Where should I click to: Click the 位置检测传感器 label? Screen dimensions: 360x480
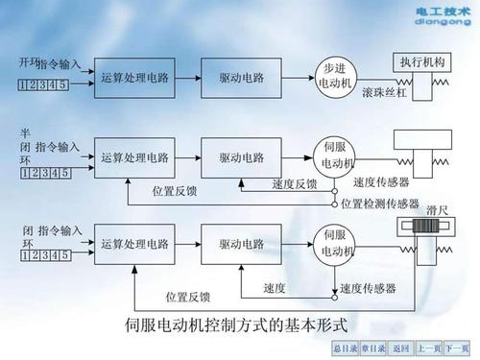click(x=379, y=204)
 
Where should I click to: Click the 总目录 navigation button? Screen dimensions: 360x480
click(x=345, y=347)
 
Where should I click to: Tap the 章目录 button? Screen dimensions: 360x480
click(x=374, y=347)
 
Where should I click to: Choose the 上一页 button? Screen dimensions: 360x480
click(x=431, y=347)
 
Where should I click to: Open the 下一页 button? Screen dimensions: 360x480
click(x=458, y=347)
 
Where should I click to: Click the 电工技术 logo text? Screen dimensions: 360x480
click(x=441, y=12)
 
